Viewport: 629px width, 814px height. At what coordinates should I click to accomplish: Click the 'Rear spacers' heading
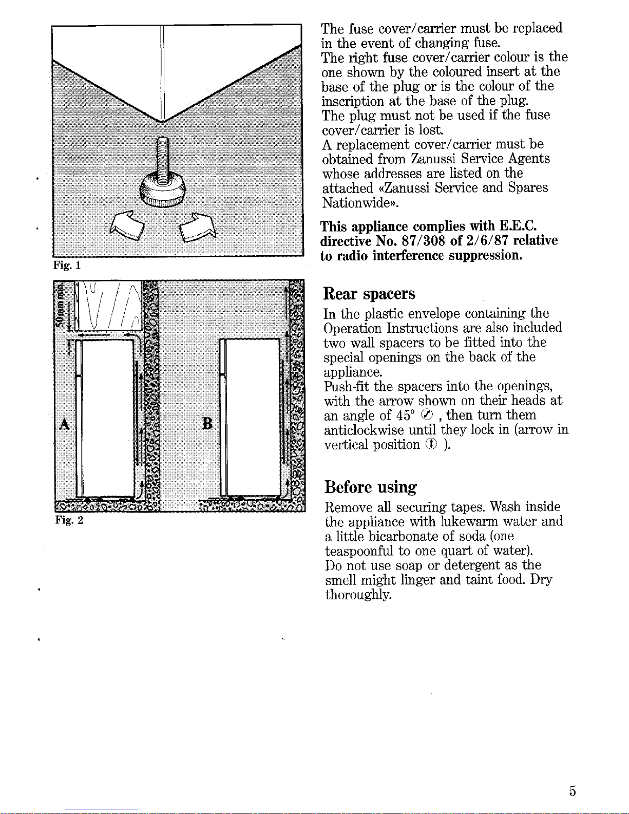[x=369, y=294]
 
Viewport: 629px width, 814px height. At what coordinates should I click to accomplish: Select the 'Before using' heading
[x=370, y=486]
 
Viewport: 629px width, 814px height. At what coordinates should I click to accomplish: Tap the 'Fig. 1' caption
[x=67, y=266]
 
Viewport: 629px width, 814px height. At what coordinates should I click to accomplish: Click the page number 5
[x=572, y=791]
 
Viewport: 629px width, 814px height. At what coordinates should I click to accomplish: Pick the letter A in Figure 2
[x=64, y=424]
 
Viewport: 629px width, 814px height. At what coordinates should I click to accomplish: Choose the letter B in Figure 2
[x=207, y=424]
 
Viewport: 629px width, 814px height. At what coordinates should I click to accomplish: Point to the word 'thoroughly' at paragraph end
[x=358, y=595]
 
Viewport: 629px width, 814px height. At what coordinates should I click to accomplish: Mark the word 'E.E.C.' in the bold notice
[x=518, y=226]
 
